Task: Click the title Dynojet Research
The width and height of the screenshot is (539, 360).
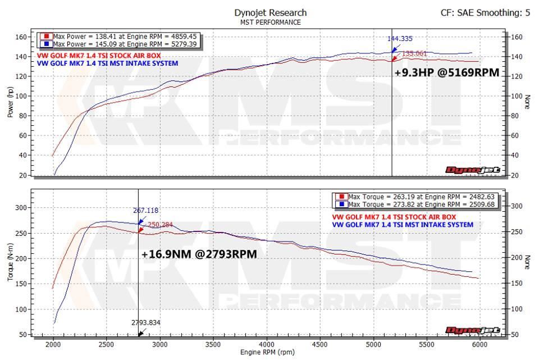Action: [x=270, y=12]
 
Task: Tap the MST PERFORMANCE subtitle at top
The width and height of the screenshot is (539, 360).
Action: [x=270, y=22]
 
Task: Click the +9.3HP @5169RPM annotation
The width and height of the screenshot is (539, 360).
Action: [x=446, y=72]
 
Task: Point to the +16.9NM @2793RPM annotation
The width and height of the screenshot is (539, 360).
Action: [x=199, y=254]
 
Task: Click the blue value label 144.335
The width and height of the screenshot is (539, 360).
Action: [x=400, y=39]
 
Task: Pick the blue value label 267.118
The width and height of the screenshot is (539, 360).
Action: [x=146, y=211]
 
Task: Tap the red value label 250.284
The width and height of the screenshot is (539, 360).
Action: [x=159, y=224]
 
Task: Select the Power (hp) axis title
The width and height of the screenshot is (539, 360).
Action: [x=10, y=105]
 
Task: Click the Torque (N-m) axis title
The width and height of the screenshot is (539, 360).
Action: [x=10, y=264]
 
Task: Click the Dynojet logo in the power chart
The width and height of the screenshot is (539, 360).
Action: [x=473, y=170]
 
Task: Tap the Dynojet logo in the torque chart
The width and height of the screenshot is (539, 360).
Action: [x=473, y=330]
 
